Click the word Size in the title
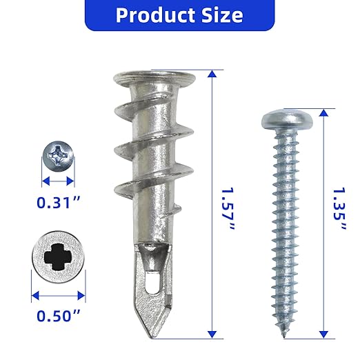point(222,15)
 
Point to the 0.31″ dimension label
point(58,204)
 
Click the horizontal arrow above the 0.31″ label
point(57,181)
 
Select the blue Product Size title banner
point(181,15)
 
